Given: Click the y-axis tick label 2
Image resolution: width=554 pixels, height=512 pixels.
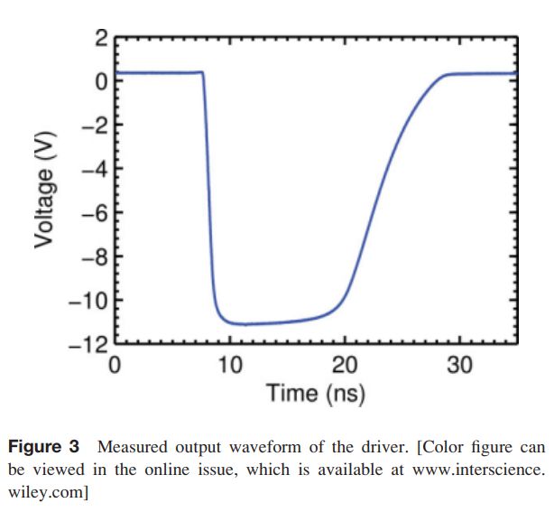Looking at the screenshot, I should (100, 39).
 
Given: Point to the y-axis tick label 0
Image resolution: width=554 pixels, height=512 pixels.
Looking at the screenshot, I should (100, 81).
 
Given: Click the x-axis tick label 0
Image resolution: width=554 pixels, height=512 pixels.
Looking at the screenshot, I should (115, 365).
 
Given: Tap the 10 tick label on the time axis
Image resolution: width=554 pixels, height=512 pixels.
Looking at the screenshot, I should (230, 365).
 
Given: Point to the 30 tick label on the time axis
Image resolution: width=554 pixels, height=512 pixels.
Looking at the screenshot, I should (460, 365).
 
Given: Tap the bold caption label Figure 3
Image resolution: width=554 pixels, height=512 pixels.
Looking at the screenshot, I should (45, 447).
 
